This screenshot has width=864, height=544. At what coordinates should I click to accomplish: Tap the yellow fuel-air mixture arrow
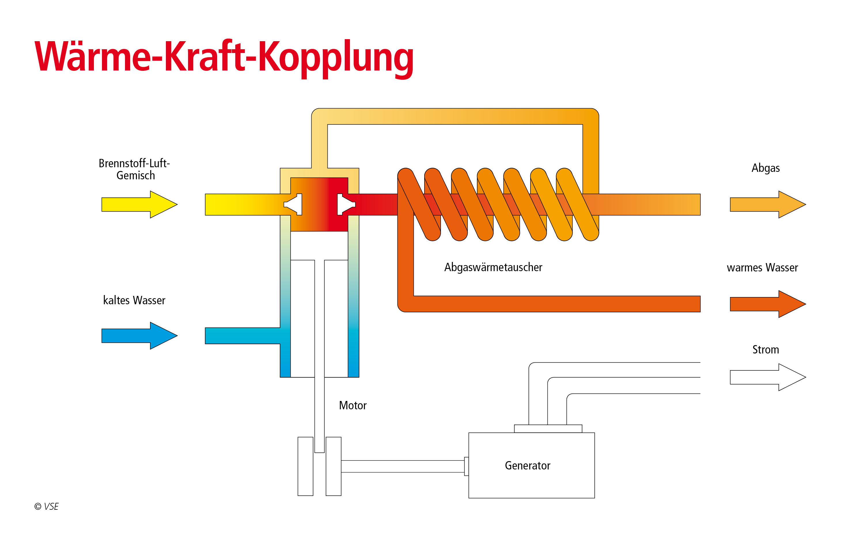[138, 204]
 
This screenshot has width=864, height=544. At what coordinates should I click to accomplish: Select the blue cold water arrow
[138, 336]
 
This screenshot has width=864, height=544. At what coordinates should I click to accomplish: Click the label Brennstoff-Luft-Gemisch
[134, 169]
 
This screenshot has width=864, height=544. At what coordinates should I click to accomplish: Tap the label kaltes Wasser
[134, 300]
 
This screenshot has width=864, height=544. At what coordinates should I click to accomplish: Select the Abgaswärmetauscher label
[493, 267]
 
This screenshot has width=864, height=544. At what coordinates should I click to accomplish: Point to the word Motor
[353, 405]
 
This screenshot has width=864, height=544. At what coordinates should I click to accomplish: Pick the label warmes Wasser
[762, 267]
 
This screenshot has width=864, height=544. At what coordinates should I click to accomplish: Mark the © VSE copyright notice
[46, 506]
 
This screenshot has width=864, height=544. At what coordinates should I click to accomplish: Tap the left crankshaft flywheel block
[305, 466]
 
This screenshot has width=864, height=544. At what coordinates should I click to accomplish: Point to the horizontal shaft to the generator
[402, 466]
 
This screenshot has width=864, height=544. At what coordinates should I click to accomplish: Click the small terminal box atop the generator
[548, 429]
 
